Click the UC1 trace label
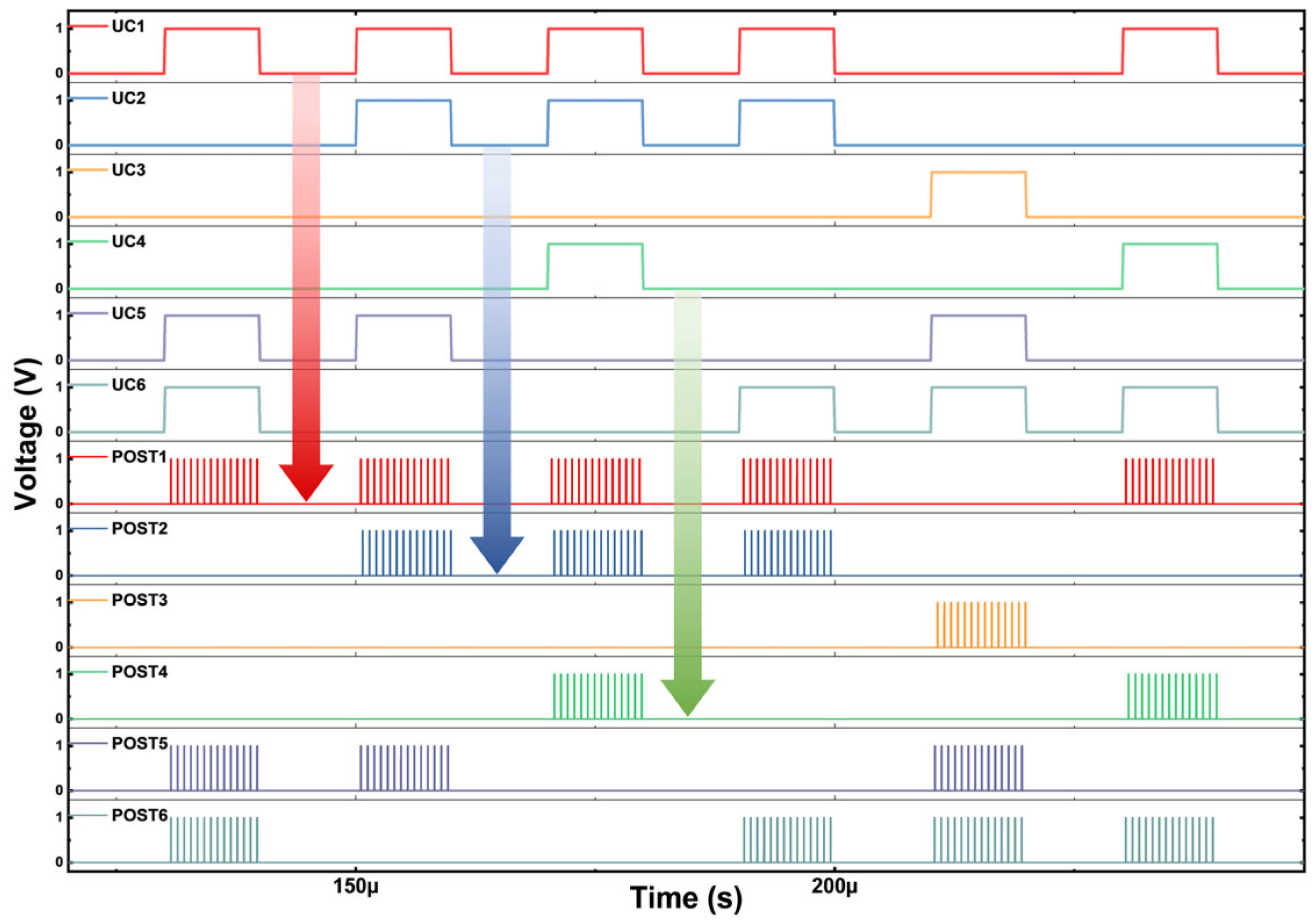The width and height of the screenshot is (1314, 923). coord(128,27)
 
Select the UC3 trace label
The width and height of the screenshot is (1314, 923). coord(128,170)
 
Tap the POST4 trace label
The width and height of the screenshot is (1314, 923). coord(139,672)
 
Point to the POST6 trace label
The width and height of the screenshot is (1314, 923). coord(139,816)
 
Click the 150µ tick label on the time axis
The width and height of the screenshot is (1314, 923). coord(355,886)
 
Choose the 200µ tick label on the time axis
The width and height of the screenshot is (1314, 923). coord(834,886)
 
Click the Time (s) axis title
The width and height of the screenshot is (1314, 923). coord(686,899)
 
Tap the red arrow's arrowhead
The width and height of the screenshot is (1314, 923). coord(306,481)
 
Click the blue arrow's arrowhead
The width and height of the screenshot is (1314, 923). coord(496,553)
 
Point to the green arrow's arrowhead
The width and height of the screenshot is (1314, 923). coord(687,696)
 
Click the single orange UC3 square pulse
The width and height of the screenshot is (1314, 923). coord(978,194)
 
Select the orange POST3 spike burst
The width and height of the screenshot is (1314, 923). coord(981,625)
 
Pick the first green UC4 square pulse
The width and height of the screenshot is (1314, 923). coord(595,265)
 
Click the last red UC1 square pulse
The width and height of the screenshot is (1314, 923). coord(1170,51)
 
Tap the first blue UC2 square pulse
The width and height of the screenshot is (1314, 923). coord(404,122)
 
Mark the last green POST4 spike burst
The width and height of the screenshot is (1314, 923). coord(1172,696)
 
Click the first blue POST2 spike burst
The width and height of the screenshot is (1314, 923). coord(406,553)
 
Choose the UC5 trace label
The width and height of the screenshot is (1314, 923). coord(128,313)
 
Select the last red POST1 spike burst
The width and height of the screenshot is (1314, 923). coord(1169,481)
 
